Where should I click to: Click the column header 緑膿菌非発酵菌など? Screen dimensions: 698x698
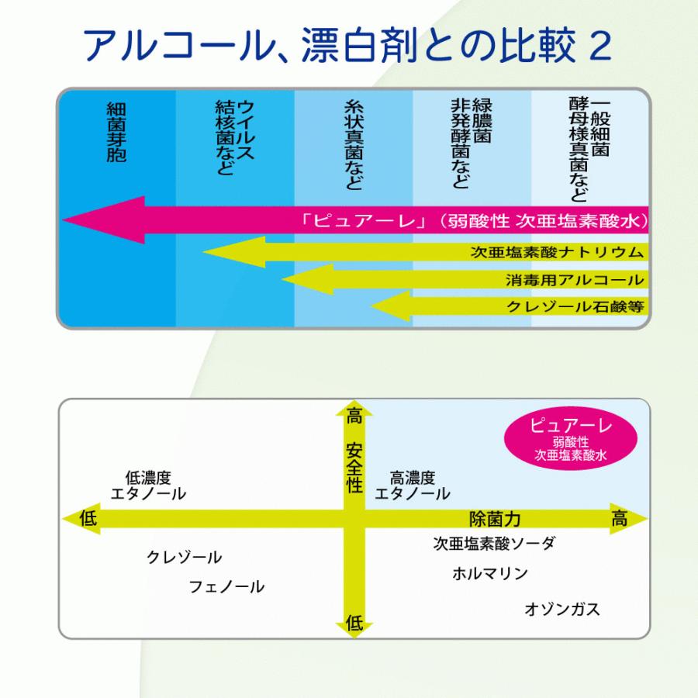coord(471,143)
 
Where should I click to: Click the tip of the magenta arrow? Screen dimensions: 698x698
coord(66,220)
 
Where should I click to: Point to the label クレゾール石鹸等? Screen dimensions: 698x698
coord(575,306)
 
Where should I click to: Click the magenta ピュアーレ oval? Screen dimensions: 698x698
coord(571,437)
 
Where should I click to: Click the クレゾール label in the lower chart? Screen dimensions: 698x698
coord(184,558)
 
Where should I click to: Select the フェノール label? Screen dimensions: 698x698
coord(226,587)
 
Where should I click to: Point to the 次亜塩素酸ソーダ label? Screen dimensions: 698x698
coord(494,544)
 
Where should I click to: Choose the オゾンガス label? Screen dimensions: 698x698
coord(562,610)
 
